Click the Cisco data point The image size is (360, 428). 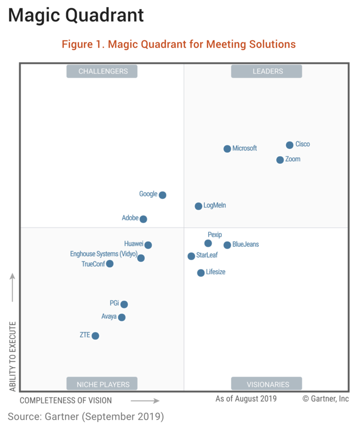click(289, 145)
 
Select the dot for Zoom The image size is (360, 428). click(280, 160)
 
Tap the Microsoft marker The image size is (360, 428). click(227, 149)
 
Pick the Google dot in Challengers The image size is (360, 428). click(162, 195)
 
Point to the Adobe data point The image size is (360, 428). click(143, 219)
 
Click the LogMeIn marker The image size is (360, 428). click(198, 206)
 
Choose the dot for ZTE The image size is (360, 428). click(95, 336)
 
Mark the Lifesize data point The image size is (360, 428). click(201, 273)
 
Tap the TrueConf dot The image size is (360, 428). click(110, 264)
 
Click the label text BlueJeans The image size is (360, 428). click(246, 245)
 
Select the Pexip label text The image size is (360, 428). click(215, 235)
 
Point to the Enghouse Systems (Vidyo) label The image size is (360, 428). click(104, 254)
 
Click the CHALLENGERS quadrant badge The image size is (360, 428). click(103, 71)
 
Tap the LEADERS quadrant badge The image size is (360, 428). click(267, 71)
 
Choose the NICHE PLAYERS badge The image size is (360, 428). click(103, 384)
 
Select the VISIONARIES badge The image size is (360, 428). click(267, 384)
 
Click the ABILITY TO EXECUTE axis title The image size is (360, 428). click(13, 356)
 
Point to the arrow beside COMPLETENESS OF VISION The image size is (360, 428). click(145, 401)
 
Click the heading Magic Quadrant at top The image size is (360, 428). click(76, 16)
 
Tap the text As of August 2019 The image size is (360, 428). click(246, 399)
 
